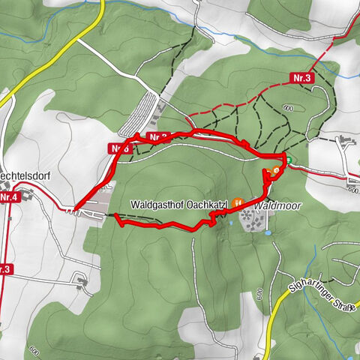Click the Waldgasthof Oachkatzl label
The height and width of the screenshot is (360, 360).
(178, 204)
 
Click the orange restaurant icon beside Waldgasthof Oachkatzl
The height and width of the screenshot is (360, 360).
(238, 202)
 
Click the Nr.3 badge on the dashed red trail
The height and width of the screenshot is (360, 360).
(301, 77)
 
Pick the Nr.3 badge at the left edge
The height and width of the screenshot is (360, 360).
(4, 268)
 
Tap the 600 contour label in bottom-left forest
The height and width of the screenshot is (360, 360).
(34, 349)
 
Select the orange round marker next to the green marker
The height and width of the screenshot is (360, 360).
(275, 171)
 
